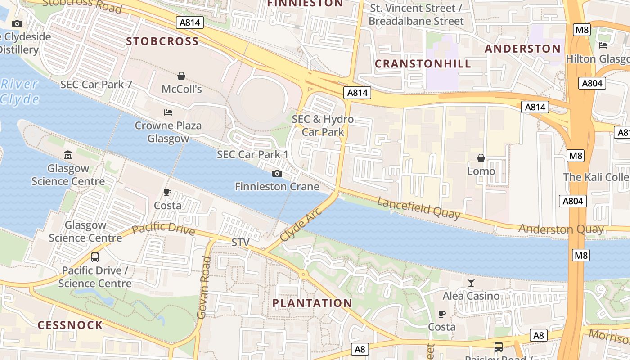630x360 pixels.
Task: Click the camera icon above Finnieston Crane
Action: click(277, 173)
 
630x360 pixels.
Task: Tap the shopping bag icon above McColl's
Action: click(181, 76)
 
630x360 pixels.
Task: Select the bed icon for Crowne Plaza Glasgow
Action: click(168, 112)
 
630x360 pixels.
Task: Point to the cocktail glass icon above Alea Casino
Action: click(471, 283)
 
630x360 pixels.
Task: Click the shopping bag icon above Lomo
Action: click(481, 158)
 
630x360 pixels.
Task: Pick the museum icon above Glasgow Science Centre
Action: click(68, 155)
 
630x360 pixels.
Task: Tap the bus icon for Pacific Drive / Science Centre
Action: click(95, 257)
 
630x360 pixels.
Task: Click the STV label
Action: click(240, 243)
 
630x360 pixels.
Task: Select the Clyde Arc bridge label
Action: click(301, 224)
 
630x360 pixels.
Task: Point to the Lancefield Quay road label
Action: click(418, 208)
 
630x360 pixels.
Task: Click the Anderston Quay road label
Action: click(561, 229)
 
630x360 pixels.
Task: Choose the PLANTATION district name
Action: click(312, 303)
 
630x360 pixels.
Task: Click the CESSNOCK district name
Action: click(70, 325)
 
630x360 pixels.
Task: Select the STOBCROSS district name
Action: click(162, 41)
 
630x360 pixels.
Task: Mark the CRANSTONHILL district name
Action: click(423, 64)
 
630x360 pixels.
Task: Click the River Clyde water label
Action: click(19, 91)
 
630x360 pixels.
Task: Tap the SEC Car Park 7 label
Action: click(96, 85)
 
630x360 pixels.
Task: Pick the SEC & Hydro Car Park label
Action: click(323, 126)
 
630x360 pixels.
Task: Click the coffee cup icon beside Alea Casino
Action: click(442, 314)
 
